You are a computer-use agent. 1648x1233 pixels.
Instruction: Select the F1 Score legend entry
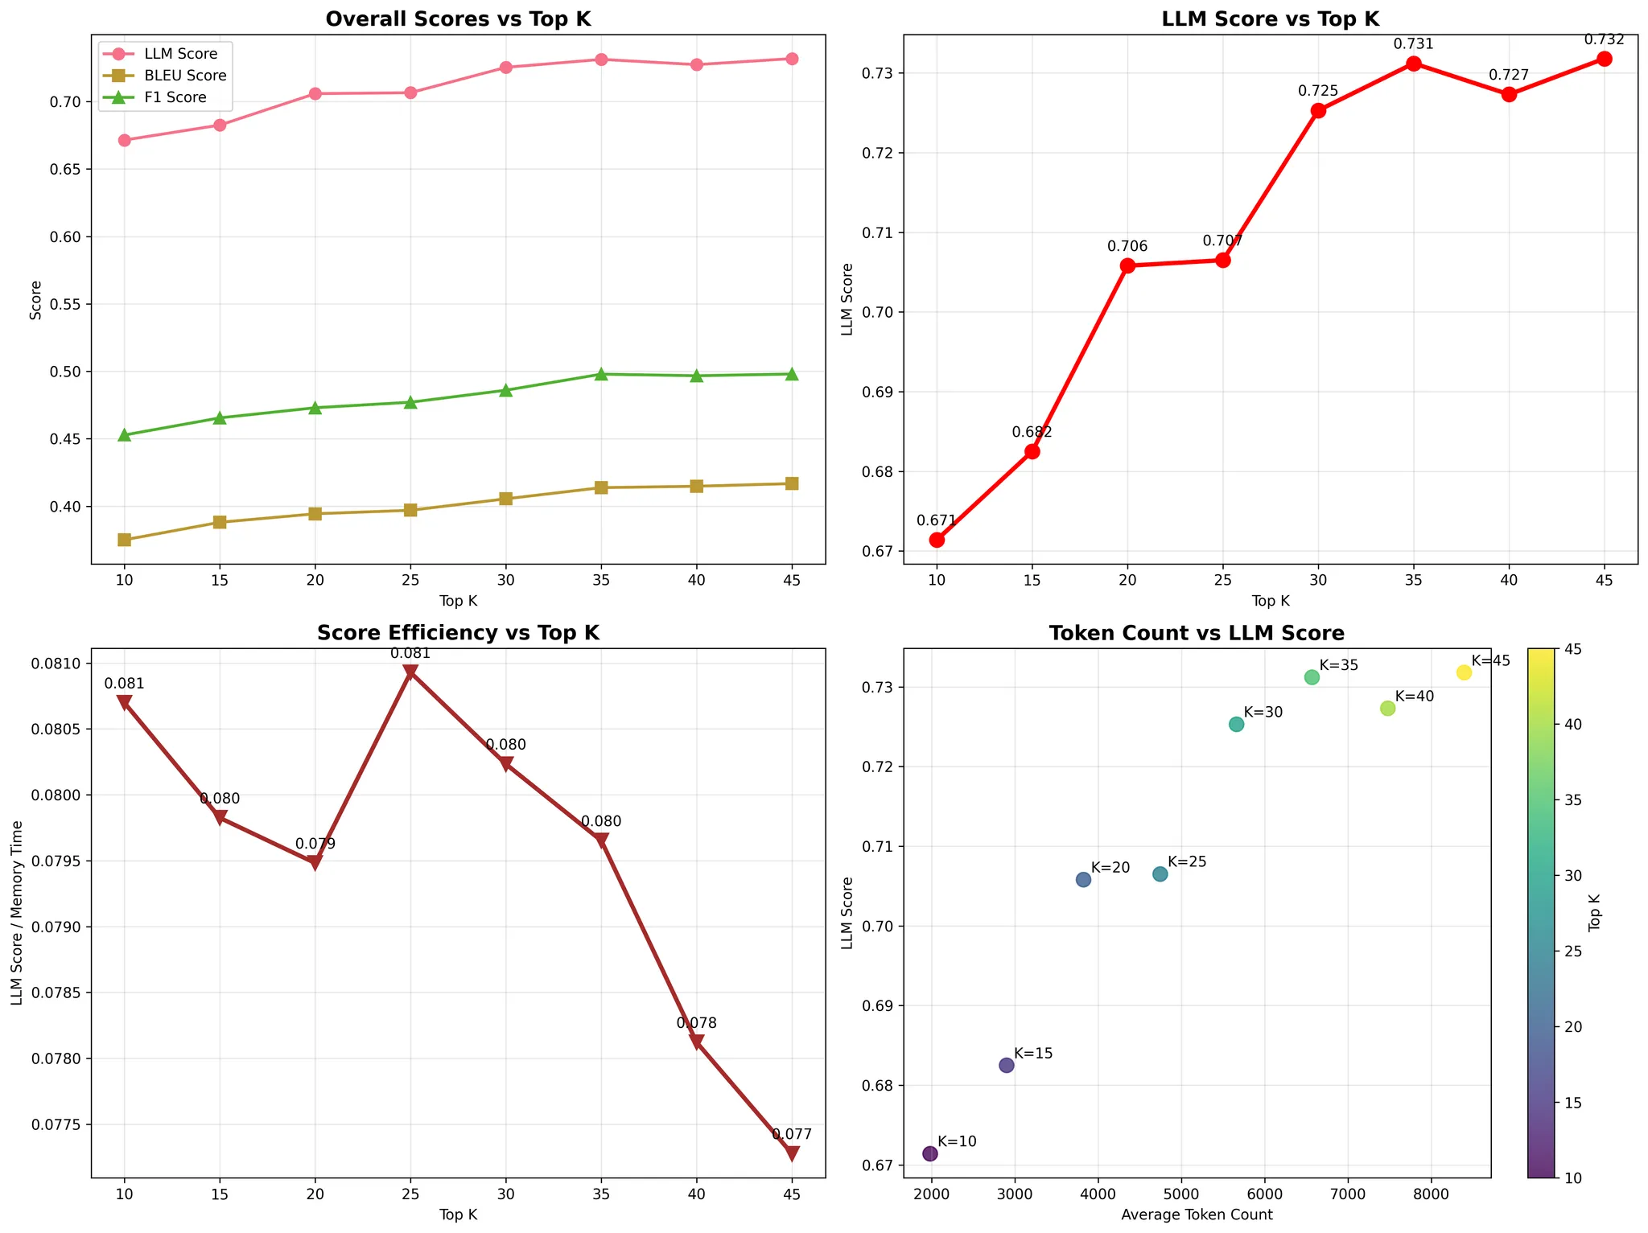[181, 97]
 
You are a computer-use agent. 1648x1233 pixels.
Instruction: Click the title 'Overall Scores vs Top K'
[458, 19]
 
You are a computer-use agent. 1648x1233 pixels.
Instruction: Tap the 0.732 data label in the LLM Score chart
[1604, 39]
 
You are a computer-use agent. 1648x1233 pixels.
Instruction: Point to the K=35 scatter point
[1312, 677]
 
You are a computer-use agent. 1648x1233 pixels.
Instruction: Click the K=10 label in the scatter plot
[957, 1141]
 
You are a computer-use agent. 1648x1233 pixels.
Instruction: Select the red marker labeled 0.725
[1318, 111]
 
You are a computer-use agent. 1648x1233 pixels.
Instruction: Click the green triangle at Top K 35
[601, 374]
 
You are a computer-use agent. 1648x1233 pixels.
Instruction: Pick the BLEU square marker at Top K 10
[124, 540]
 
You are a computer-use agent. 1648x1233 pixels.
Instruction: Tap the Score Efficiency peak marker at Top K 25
[410, 672]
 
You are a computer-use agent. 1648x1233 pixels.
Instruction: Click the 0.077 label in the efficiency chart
[792, 1134]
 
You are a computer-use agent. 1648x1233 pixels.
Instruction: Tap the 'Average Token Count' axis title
[1197, 1215]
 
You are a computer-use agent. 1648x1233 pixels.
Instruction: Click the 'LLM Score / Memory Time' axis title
[17, 913]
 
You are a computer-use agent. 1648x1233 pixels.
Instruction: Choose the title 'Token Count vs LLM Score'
[1197, 633]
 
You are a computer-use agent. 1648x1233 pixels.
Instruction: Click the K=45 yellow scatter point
[1464, 672]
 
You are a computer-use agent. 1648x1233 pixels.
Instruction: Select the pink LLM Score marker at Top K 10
[124, 140]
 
